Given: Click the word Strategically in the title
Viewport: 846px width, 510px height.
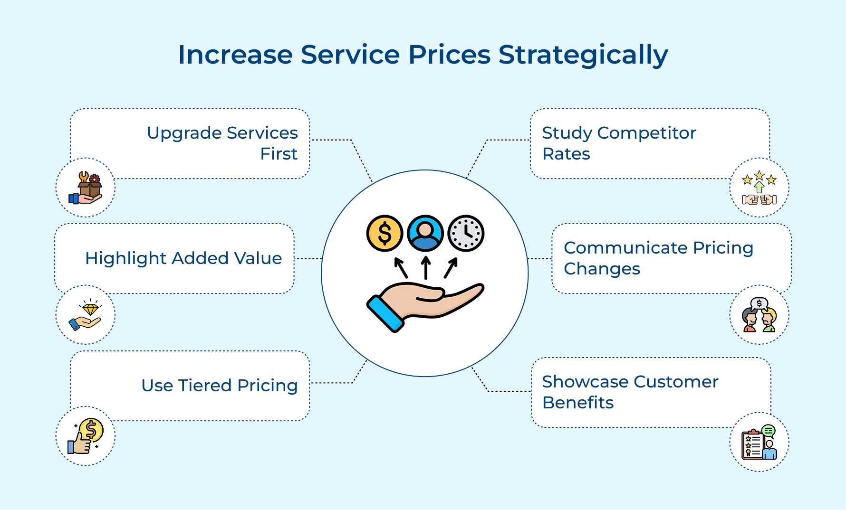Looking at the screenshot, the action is [583, 55].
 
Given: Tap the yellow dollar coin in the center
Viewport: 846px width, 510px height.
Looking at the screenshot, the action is [385, 233].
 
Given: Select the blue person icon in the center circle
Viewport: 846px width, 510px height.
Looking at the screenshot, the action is [425, 233].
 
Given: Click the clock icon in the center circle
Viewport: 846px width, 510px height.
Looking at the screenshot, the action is [466, 233].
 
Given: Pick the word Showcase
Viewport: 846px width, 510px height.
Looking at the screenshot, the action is [585, 382].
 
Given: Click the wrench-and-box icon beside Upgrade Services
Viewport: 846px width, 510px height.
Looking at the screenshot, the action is [86, 188].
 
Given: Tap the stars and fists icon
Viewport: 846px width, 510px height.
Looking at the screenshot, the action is [759, 188].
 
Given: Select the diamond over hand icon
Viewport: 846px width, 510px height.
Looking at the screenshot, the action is [86, 315].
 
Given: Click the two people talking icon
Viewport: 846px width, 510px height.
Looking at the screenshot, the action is [759, 315].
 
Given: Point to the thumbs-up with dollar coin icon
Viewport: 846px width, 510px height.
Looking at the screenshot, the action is [86, 436].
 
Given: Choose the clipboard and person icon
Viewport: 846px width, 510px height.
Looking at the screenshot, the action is [759, 442].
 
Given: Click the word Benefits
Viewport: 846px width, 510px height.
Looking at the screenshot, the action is [578, 403].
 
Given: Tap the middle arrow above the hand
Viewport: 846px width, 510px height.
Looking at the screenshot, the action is [426, 268].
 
